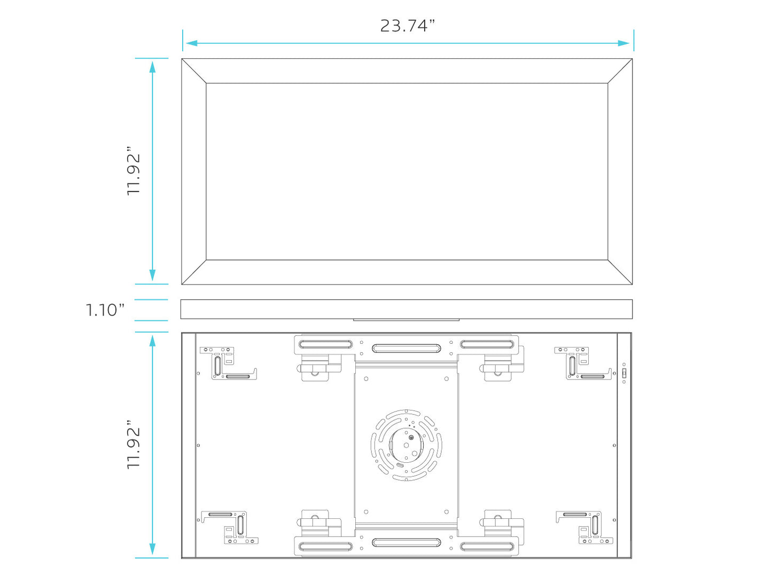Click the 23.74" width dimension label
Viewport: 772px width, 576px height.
click(x=407, y=26)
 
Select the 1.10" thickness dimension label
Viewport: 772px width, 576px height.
click(x=105, y=310)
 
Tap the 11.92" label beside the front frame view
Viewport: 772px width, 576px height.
click(x=133, y=171)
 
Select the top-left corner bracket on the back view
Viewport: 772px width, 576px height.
click(x=227, y=363)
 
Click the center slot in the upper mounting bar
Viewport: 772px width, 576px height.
click(x=406, y=349)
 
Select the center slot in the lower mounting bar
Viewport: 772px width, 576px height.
click(x=406, y=543)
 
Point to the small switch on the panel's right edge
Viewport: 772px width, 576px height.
click(x=624, y=373)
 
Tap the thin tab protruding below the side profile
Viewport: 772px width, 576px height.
click(x=406, y=320)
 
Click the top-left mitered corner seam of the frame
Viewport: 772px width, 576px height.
click(x=194, y=71)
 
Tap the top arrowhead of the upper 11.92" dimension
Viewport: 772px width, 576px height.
click(x=152, y=66)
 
